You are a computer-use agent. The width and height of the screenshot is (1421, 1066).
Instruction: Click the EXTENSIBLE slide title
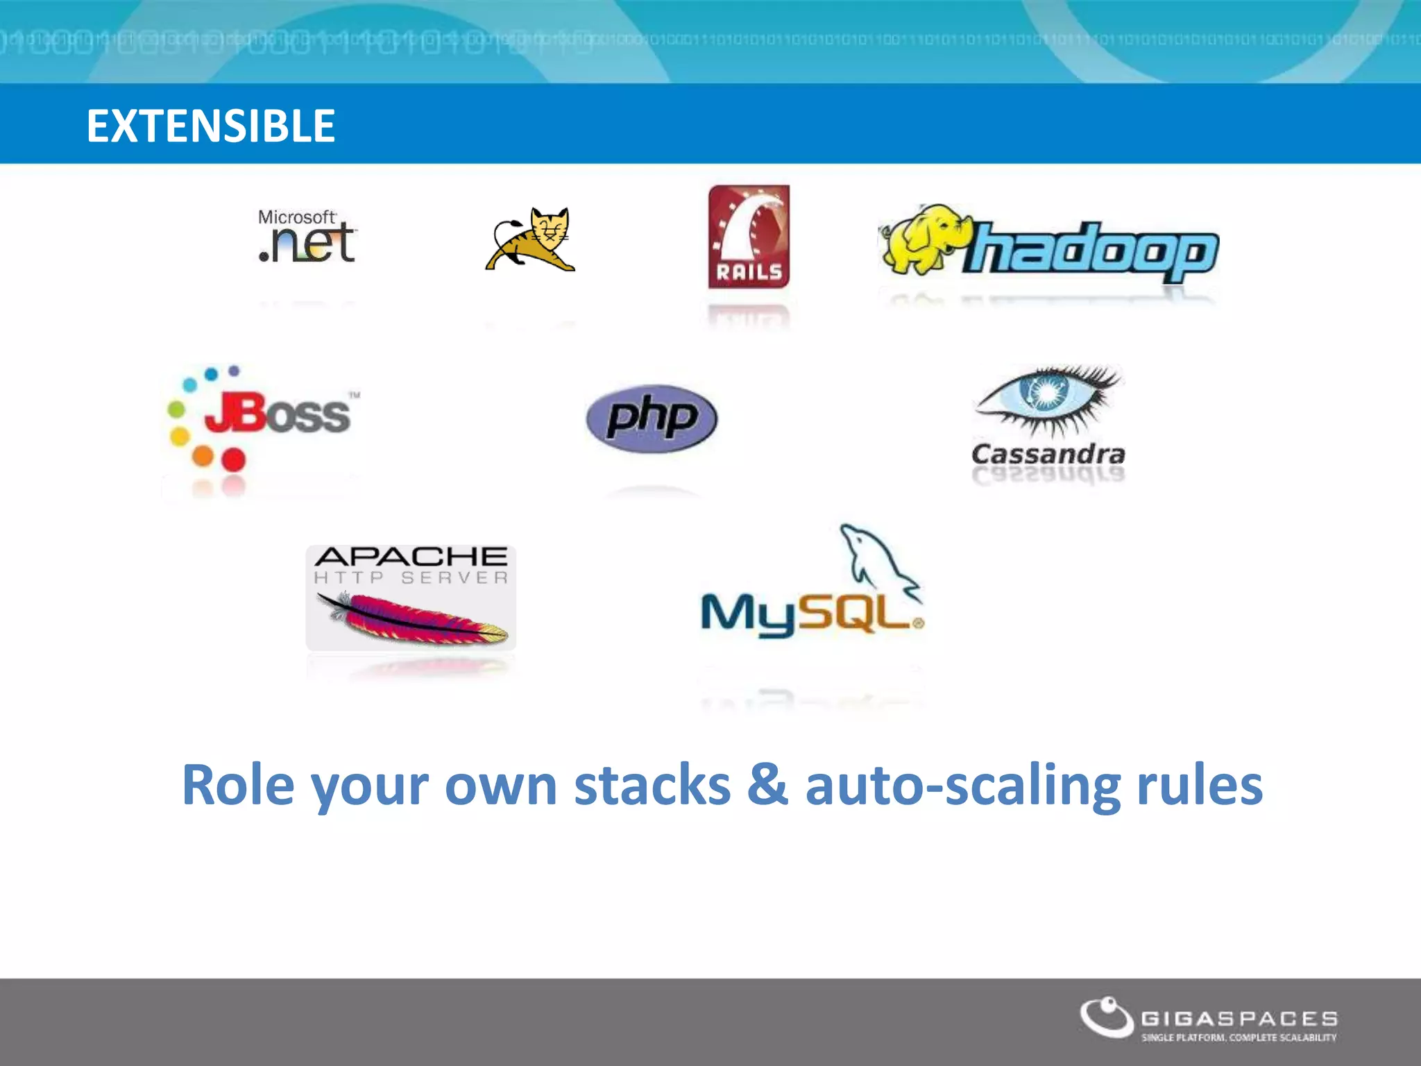click(x=211, y=126)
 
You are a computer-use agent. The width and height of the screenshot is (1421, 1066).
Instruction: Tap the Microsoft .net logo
click(x=307, y=237)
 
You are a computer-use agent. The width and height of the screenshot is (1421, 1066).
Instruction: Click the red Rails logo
click(x=749, y=237)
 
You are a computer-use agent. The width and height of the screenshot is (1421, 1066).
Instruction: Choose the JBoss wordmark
click(x=278, y=414)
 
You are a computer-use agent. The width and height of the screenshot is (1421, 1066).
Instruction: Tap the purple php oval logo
click(x=652, y=418)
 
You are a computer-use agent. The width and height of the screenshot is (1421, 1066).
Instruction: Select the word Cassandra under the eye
click(x=1048, y=455)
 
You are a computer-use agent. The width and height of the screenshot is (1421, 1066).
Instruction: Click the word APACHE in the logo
click(x=411, y=557)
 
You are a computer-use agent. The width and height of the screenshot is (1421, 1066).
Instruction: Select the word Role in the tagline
click(x=238, y=786)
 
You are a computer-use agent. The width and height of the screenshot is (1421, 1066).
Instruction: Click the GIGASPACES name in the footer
click(x=1239, y=1019)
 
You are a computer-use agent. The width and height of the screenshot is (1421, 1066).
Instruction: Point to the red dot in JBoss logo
click(x=233, y=459)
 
